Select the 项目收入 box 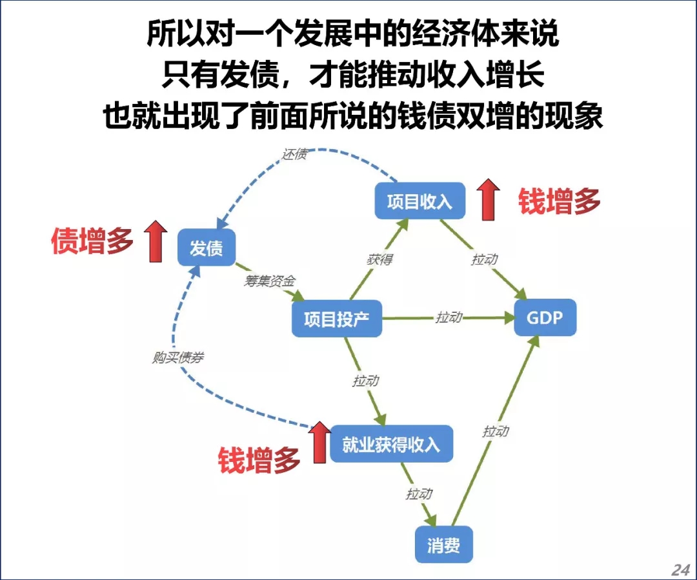coord(419,201)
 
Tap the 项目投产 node coord(336,319)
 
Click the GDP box coord(544,317)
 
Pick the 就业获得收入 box coord(390,445)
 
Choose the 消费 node coord(443,545)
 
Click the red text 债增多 coord(92,242)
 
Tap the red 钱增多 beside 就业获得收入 coord(259,461)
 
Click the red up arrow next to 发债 coord(155,241)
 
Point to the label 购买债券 coord(177,357)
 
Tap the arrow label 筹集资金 coord(269,281)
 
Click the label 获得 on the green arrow coord(379,259)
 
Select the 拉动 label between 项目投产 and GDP coord(449,317)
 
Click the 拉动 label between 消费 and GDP coord(496,432)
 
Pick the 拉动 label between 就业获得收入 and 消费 coord(418,494)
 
